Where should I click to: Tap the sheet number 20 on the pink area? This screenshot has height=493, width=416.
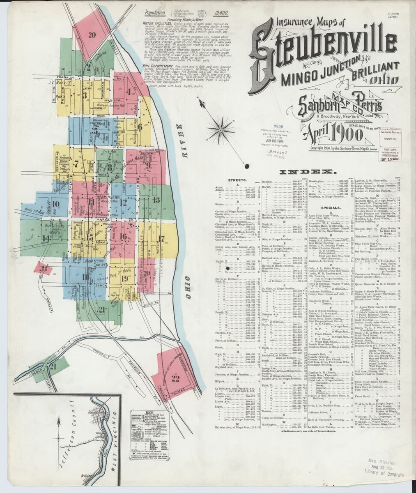(x=92, y=35)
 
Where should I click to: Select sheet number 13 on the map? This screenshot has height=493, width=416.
(x=156, y=200)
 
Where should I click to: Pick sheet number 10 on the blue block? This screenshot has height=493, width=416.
(x=56, y=203)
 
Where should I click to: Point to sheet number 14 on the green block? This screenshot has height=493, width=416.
(x=45, y=237)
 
